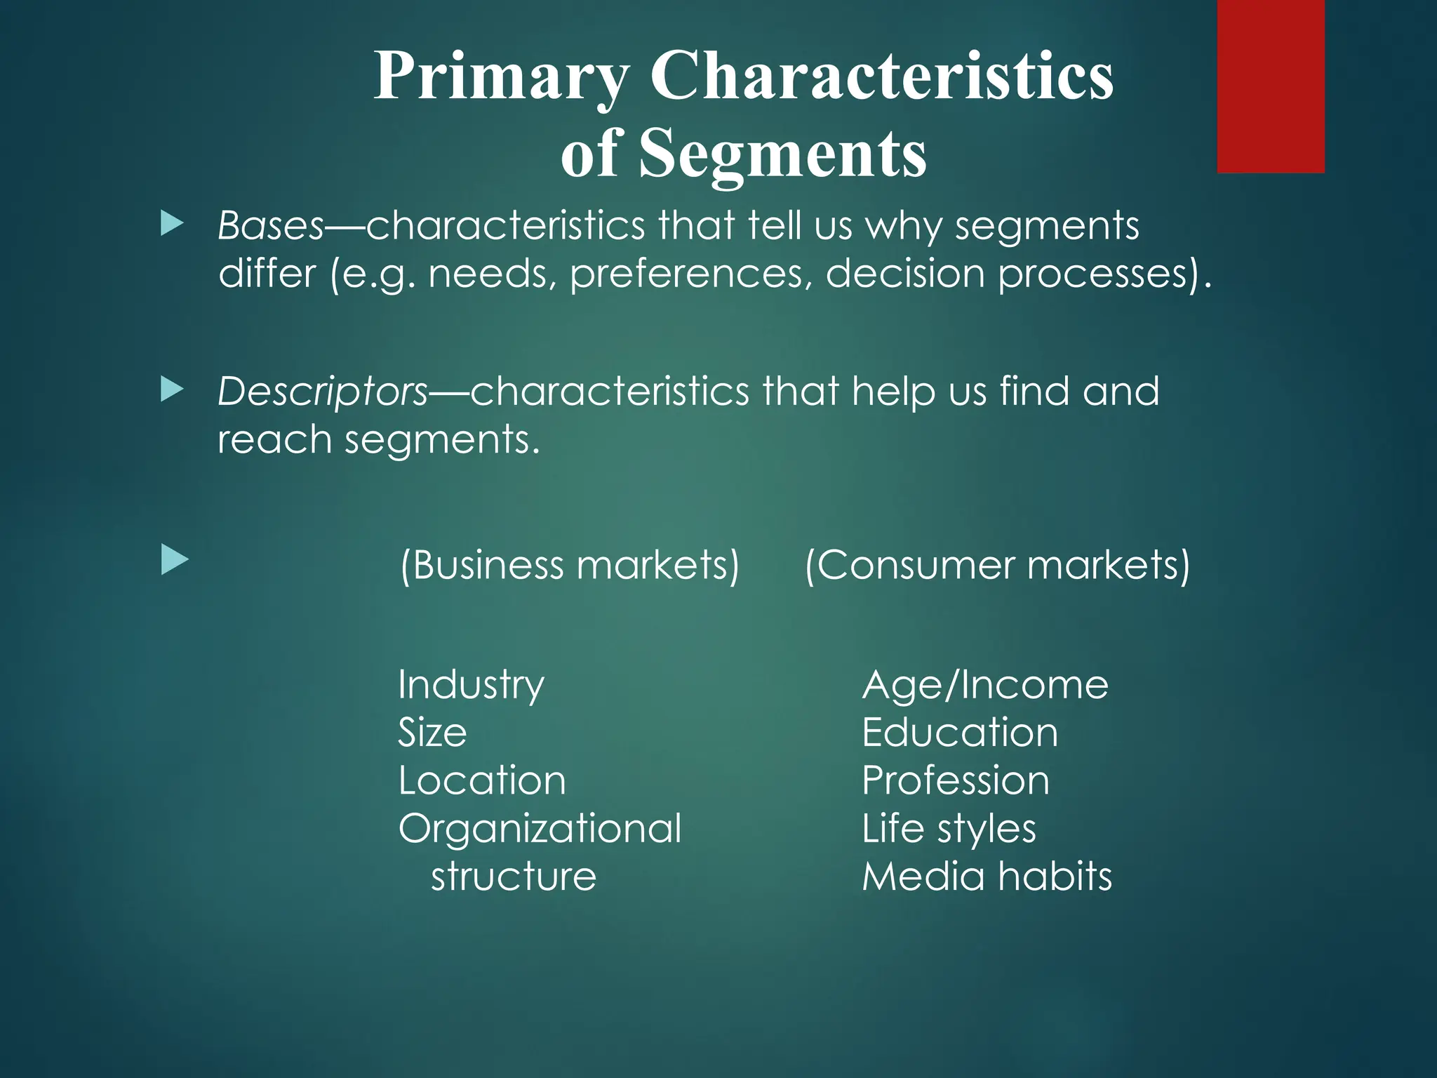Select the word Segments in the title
click(x=782, y=153)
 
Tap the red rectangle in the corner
click(x=1271, y=86)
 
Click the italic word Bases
click(x=271, y=226)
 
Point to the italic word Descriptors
click(x=323, y=392)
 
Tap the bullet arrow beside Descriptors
click(x=172, y=390)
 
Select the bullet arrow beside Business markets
click(x=175, y=561)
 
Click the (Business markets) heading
click(x=570, y=565)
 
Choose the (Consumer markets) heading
click(x=997, y=565)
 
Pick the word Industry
click(x=471, y=685)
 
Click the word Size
click(x=432, y=733)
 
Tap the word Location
click(x=482, y=780)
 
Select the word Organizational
click(x=540, y=829)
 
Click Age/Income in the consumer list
click(x=985, y=685)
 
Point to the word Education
click(x=960, y=733)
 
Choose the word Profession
click(x=956, y=780)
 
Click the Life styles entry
click(x=949, y=829)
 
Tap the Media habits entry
click(x=987, y=877)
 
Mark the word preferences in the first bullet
click(x=691, y=274)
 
